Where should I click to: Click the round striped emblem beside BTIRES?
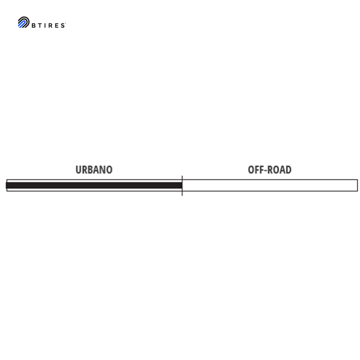click(24, 22)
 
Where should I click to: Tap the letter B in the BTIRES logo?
click(34, 25)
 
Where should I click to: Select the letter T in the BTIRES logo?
click(40, 25)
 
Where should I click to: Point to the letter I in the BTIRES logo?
click(45, 25)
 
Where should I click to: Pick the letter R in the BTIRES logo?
click(50, 25)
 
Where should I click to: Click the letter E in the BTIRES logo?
click(56, 25)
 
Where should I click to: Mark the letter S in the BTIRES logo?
click(63, 25)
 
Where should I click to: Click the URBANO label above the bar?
click(94, 170)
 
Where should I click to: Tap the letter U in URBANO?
click(78, 170)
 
